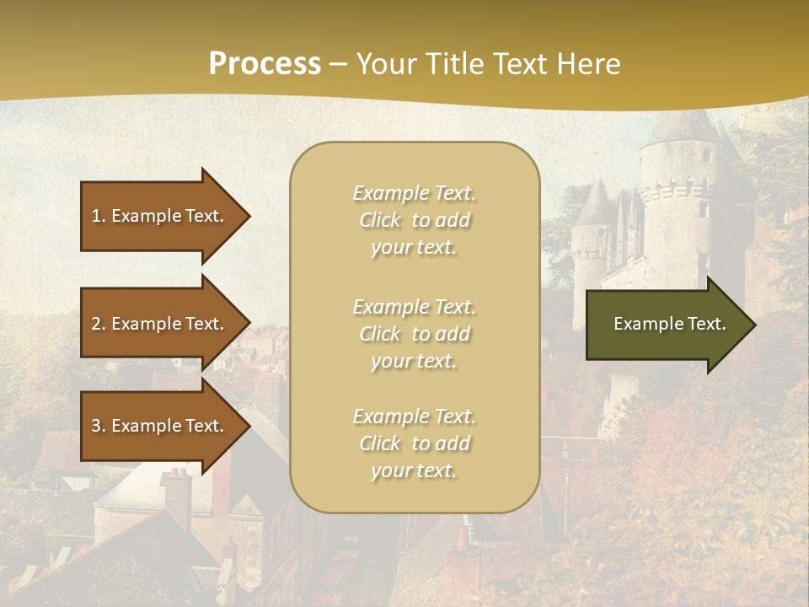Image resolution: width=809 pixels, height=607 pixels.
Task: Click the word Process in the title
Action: pos(265,63)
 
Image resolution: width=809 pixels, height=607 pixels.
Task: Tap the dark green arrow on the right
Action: pos(666,325)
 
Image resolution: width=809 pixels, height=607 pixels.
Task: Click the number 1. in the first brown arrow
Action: pos(99,216)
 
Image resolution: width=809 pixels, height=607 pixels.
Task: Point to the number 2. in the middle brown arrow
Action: pos(99,324)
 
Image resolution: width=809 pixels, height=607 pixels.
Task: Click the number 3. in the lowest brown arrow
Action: pos(99,426)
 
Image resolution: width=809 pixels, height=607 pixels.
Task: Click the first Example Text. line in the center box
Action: pos(414,193)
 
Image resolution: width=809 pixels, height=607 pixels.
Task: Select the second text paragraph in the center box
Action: pos(414,334)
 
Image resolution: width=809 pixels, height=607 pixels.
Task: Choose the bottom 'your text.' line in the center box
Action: pos(414,471)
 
